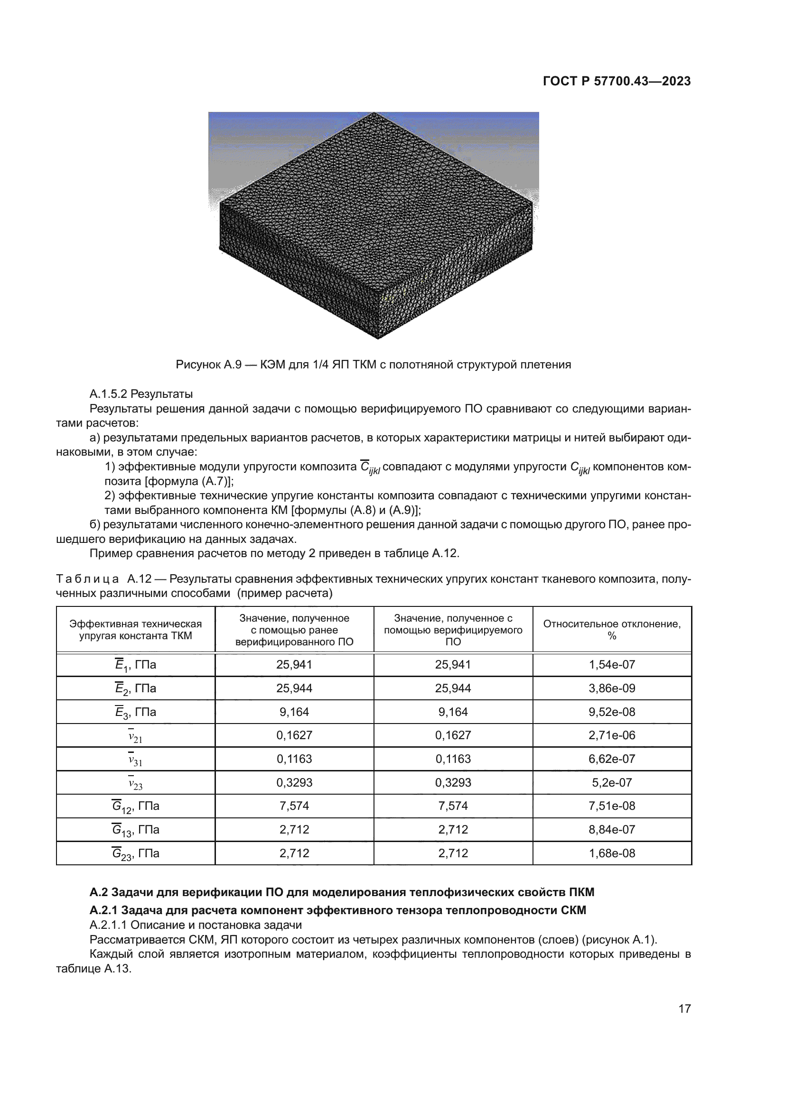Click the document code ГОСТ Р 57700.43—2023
click(617, 81)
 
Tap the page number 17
click(684, 1008)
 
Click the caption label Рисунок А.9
click(208, 365)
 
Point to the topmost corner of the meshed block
click(374, 114)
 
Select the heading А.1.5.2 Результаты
click(141, 394)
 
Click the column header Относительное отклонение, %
click(611, 629)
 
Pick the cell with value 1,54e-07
click(611, 665)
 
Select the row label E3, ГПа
click(135, 712)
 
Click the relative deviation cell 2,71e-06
click(611, 735)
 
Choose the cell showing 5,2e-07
click(611, 782)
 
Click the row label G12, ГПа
click(135, 806)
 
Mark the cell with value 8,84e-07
click(611, 829)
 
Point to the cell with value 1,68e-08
click(611, 853)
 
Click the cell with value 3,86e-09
click(611, 688)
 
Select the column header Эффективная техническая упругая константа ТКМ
click(135, 629)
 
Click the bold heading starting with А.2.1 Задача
click(337, 910)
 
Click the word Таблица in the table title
click(87, 578)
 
